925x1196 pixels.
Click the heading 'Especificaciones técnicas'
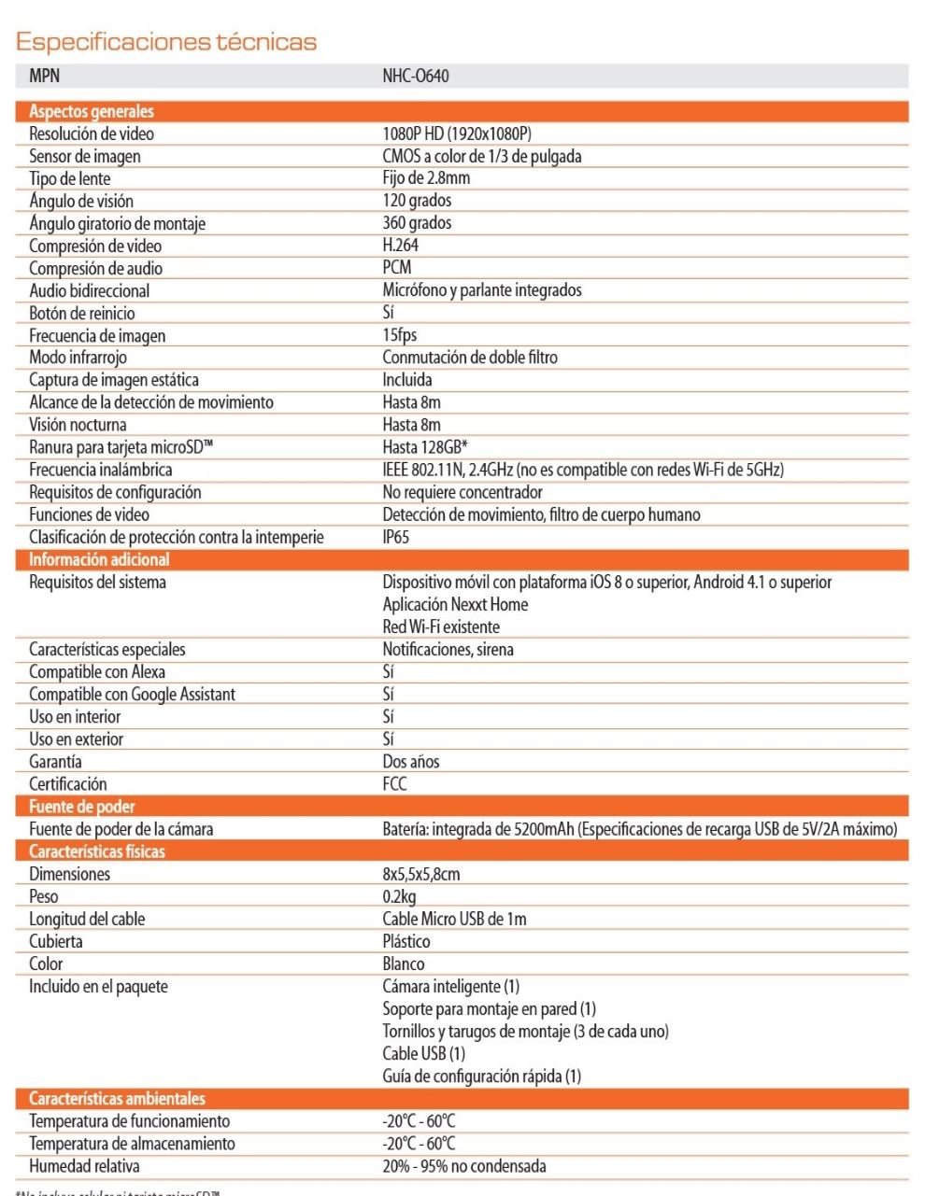click(x=166, y=42)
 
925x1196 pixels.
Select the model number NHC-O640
click(x=415, y=76)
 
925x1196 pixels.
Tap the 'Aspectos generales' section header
click(x=92, y=111)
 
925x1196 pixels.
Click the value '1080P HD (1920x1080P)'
click(x=457, y=134)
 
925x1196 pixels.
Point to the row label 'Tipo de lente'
click(x=70, y=178)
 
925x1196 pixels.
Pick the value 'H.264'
click(x=401, y=245)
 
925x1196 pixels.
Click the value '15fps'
click(x=400, y=334)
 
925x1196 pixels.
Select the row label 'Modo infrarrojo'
click(x=78, y=357)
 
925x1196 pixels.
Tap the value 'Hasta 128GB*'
click(x=425, y=447)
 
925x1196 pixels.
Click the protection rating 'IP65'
click(x=396, y=537)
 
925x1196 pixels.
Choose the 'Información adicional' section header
click(x=99, y=559)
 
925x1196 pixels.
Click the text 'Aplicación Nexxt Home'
click(x=455, y=604)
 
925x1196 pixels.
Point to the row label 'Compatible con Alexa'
click(x=97, y=671)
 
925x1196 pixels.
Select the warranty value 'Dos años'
click(x=411, y=761)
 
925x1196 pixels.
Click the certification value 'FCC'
click(x=394, y=783)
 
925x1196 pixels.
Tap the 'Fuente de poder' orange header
click(x=82, y=807)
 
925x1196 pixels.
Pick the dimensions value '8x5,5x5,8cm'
click(x=421, y=874)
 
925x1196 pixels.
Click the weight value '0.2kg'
click(x=399, y=896)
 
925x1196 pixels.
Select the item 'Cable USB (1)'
click(x=423, y=1053)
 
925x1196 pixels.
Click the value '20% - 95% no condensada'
click(x=464, y=1166)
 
